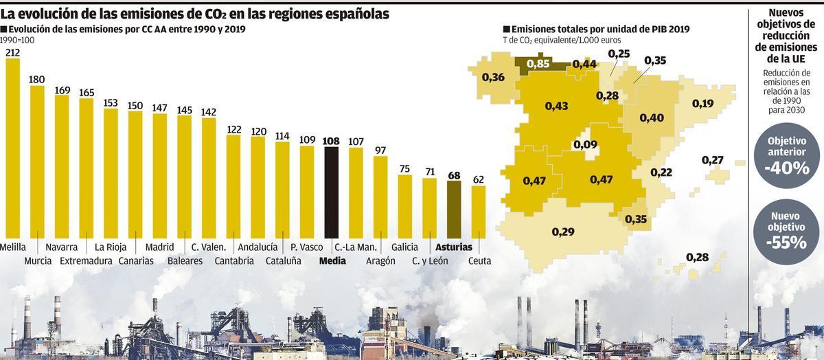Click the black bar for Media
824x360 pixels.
331,192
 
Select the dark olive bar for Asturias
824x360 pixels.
454,210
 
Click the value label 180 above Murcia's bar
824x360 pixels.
37,79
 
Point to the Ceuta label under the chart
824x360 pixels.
479,260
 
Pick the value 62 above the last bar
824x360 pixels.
479,179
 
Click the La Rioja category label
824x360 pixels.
110,247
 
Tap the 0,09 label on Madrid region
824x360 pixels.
585,145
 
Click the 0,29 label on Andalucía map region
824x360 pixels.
563,232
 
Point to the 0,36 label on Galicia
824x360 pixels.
494,78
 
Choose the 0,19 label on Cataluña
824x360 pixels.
702,104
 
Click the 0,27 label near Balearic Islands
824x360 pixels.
713,160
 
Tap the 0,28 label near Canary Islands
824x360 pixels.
697,257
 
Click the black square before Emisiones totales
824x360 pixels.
507,30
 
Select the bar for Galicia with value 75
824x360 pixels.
405,206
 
